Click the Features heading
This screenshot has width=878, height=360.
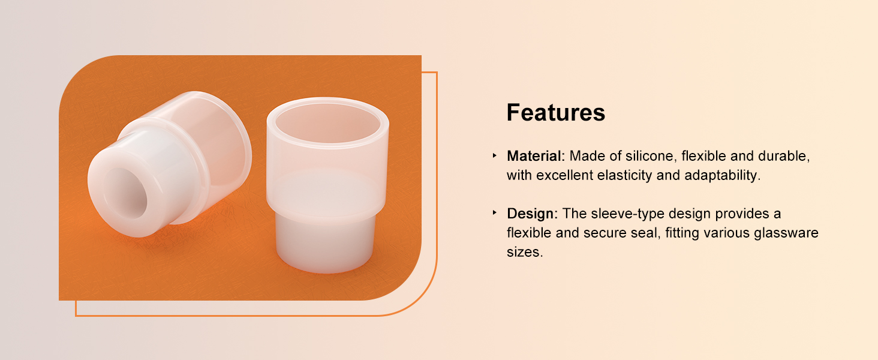[556, 113]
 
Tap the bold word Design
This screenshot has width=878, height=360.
[530, 214]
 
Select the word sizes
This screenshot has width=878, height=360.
[524, 252]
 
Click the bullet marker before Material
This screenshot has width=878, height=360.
[495, 155]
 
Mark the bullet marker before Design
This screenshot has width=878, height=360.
[495, 213]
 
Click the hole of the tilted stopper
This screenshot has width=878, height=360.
[126, 193]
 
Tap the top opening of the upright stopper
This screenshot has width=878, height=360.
[328, 123]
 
